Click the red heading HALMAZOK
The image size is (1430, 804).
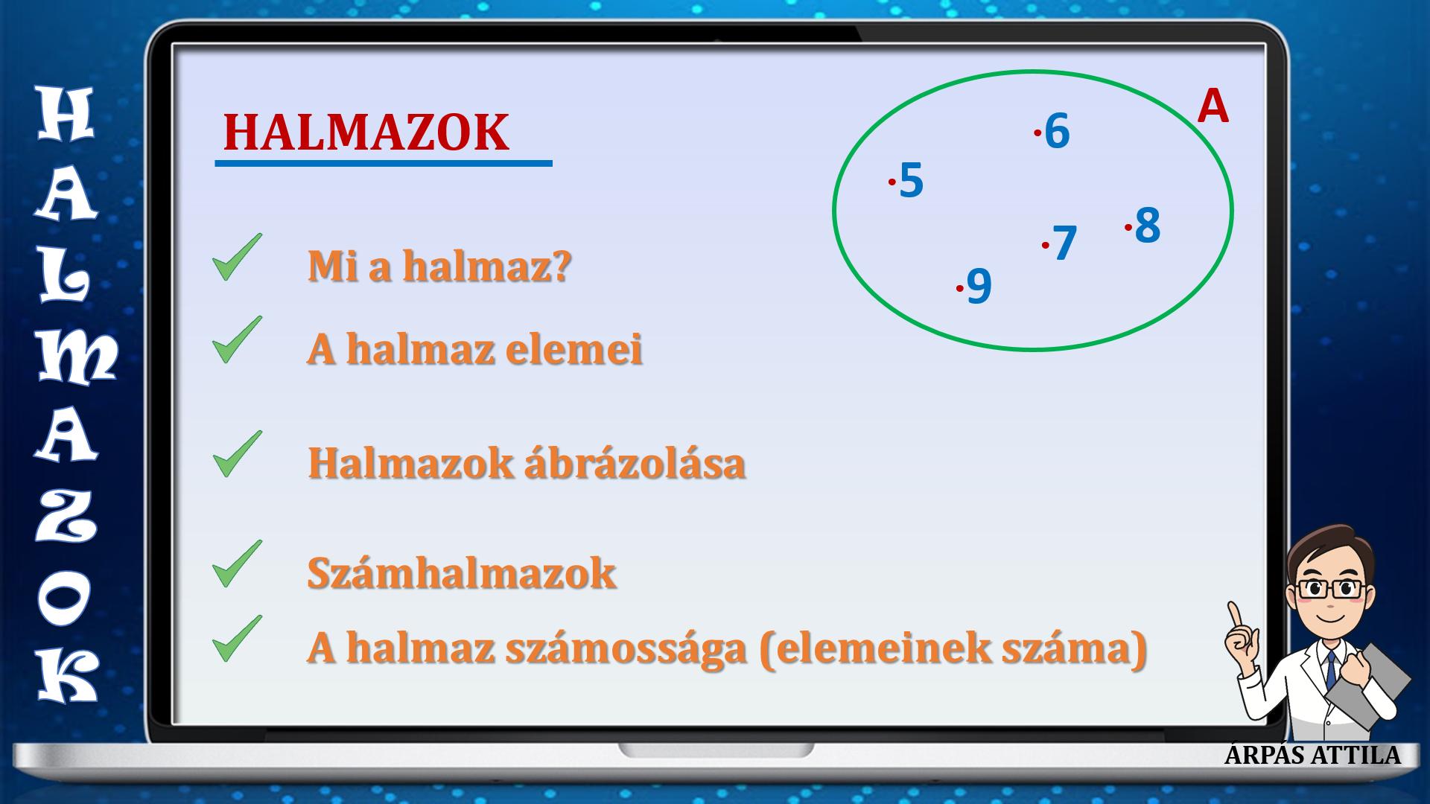[x=366, y=133]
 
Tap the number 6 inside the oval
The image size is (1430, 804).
[x=1057, y=131]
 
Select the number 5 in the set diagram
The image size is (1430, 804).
[x=912, y=180]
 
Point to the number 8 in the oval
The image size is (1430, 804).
[x=1148, y=225]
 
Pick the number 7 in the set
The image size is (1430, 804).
[x=1064, y=243]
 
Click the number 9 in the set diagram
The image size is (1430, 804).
[x=979, y=286]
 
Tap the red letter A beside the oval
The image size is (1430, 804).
[x=1213, y=106]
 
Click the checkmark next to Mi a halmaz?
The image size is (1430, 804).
[x=237, y=258]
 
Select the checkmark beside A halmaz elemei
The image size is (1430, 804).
[x=237, y=340]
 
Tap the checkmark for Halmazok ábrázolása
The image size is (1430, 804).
[x=237, y=454]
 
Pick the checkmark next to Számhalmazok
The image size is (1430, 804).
[x=237, y=564]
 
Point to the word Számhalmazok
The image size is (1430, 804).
[x=462, y=573]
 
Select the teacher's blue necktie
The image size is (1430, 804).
[x=1331, y=670]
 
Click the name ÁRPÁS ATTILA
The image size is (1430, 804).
[x=1312, y=755]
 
